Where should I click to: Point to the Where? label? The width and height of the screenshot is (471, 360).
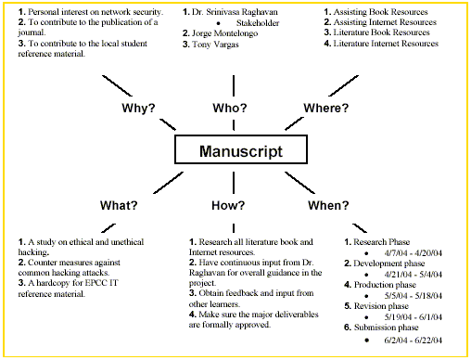pyautogui.click(x=326, y=108)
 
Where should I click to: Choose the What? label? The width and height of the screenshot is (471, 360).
pyautogui.click(x=120, y=203)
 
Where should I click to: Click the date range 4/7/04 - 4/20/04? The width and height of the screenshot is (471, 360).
pyautogui.click(x=415, y=253)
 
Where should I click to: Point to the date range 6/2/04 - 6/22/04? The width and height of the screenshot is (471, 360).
pyautogui.click(x=415, y=341)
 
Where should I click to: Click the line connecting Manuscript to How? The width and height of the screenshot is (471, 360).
pyautogui.click(x=235, y=179)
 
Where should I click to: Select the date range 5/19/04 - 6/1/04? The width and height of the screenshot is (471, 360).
pyautogui.click(x=415, y=319)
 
